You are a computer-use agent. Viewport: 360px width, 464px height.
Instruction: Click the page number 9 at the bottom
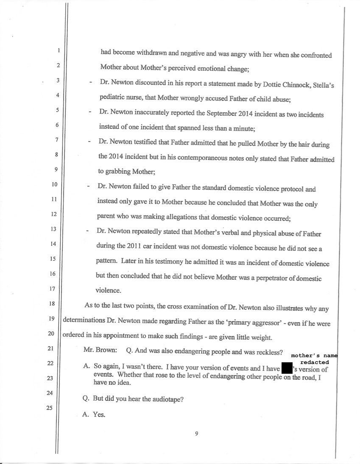pos(197,433)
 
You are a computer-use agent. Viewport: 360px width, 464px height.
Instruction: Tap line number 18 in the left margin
pos(52,303)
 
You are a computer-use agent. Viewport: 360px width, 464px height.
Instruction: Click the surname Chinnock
pos(283,84)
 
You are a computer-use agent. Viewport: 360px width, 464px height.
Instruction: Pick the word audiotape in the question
pos(162,399)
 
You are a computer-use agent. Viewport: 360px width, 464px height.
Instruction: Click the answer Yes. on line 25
pos(99,415)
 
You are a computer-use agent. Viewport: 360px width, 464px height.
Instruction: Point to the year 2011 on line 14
pos(141,248)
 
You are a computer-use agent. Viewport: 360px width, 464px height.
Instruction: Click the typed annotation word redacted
pos(314,362)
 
